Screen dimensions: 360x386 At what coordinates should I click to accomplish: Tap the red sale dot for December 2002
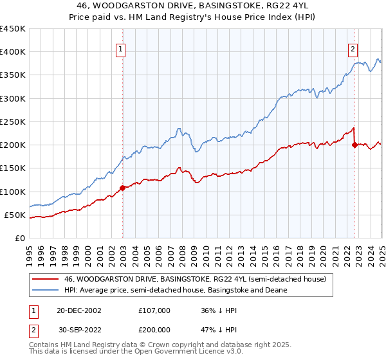122,188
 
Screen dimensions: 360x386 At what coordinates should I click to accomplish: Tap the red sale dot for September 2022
354,145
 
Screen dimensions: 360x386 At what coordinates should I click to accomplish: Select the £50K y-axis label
15,215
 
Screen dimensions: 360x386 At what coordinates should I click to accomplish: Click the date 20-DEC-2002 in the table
79,310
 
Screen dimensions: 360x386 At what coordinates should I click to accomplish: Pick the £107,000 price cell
154,310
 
